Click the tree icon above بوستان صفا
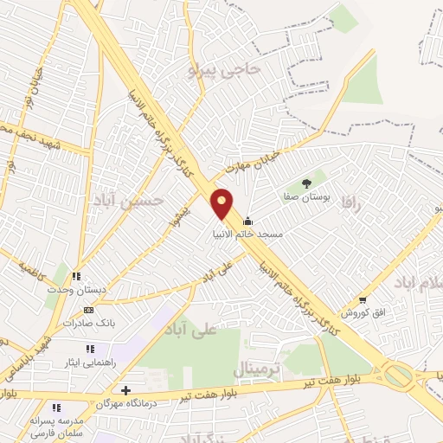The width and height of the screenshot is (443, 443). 306,183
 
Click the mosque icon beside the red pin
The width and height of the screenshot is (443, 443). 249,221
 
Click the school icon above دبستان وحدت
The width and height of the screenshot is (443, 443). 77,277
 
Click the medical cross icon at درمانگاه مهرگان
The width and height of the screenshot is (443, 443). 127,390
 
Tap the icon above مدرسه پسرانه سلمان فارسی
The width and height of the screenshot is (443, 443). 57,408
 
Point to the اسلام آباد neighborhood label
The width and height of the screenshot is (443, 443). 414,283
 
